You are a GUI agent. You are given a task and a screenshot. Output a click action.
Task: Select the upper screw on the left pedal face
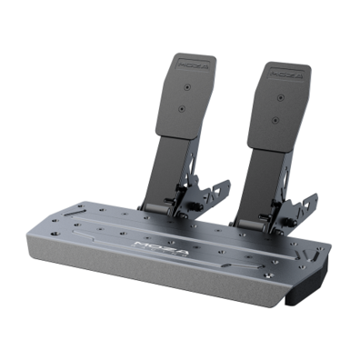[188, 88]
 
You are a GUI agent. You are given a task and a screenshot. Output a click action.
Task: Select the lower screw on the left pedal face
[182, 109]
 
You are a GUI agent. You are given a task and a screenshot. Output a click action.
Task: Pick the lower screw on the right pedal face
[273, 118]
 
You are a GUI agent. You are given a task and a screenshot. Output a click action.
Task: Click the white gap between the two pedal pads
[231, 91]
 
